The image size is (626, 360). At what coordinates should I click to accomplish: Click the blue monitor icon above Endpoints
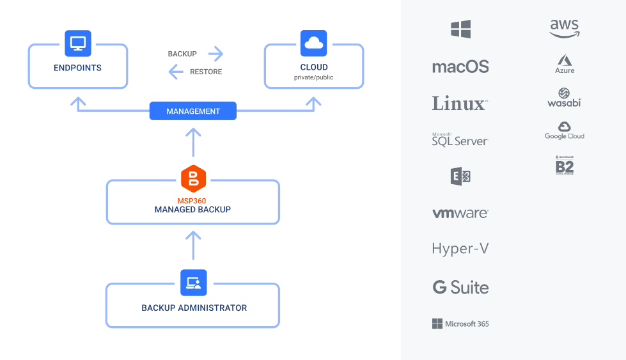78,43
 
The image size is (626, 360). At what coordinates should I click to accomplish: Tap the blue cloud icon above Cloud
313,43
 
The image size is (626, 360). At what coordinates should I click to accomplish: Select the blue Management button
193,111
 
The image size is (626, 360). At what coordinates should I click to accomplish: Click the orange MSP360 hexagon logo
193,178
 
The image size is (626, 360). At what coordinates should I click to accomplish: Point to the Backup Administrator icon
193,283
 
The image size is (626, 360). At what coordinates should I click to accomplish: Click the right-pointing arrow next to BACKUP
215,54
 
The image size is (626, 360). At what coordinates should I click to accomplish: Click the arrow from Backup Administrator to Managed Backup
193,245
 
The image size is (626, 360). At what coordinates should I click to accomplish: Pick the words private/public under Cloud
313,77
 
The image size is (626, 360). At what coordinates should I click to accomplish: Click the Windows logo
460,29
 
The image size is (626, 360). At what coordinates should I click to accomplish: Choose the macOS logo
460,67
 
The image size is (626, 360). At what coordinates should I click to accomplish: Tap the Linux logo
460,103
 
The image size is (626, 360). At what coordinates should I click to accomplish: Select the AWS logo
564,27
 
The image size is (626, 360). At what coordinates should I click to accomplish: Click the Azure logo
564,65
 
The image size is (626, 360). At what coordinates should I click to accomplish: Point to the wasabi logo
564,98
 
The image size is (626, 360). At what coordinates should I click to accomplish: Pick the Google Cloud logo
564,131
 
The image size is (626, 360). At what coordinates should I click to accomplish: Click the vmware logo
460,213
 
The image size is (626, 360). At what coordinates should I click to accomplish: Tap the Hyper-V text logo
460,249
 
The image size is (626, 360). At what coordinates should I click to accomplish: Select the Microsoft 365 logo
460,324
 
